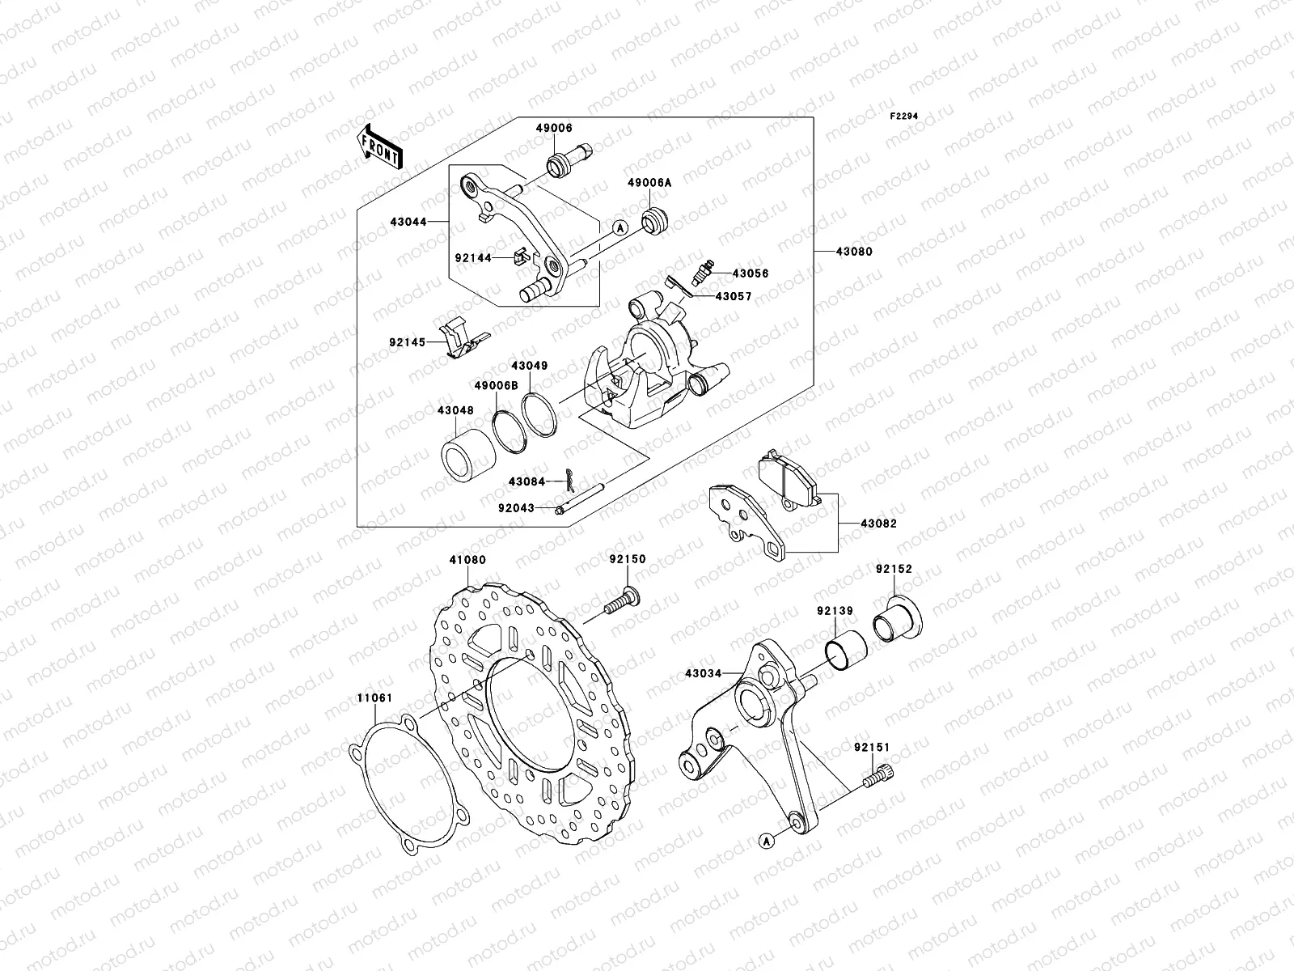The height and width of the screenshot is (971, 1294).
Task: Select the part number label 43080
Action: coord(855,252)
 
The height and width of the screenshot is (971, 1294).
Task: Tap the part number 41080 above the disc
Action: coord(467,559)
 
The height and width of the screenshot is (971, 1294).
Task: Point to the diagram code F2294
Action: coord(904,117)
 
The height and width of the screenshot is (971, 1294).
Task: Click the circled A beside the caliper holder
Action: coord(619,229)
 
